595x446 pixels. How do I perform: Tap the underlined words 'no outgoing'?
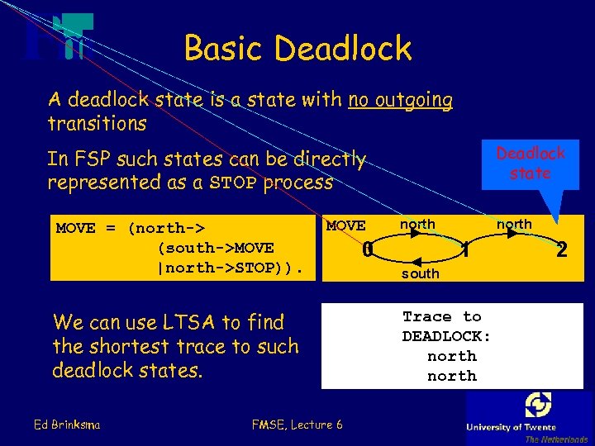pyautogui.click(x=401, y=101)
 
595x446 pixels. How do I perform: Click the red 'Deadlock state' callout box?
pyautogui.click(x=531, y=163)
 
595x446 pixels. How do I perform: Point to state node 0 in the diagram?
pyautogui.click(x=368, y=248)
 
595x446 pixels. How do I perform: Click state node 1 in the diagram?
pyautogui.click(x=466, y=248)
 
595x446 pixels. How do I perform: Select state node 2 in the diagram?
pyautogui.click(x=562, y=248)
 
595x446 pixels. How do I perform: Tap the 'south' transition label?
pyautogui.click(x=420, y=273)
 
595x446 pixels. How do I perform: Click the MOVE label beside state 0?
pyautogui.click(x=345, y=225)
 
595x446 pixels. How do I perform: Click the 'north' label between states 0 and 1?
pyautogui.click(x=417, y=224)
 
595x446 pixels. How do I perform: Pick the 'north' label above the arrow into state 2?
pyautogui.click(x=514, y=224)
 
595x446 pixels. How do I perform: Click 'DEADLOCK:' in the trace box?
pyautogui.click(x=446, y=336)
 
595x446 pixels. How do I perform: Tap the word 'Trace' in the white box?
pyautogui.click(x=427, y=316)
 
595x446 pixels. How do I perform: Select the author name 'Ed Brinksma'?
pyautogui.click(x=68, y=425)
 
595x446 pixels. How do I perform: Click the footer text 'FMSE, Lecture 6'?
pyautogui.click(x=297, y=425)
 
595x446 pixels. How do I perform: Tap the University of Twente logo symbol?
pyautogui.click(x=538, y=405)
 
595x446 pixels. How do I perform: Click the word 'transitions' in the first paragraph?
pyautogui.click(x=97, y=124)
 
